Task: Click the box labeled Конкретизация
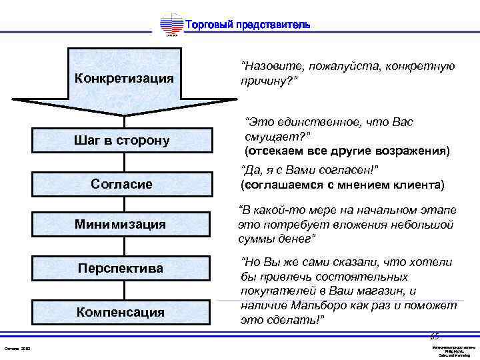124,78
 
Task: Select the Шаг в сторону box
124,140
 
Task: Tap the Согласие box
124,183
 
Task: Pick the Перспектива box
124,268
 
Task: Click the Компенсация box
124,311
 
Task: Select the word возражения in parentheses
414,150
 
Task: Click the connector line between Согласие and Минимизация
124,204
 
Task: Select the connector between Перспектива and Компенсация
124,290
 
